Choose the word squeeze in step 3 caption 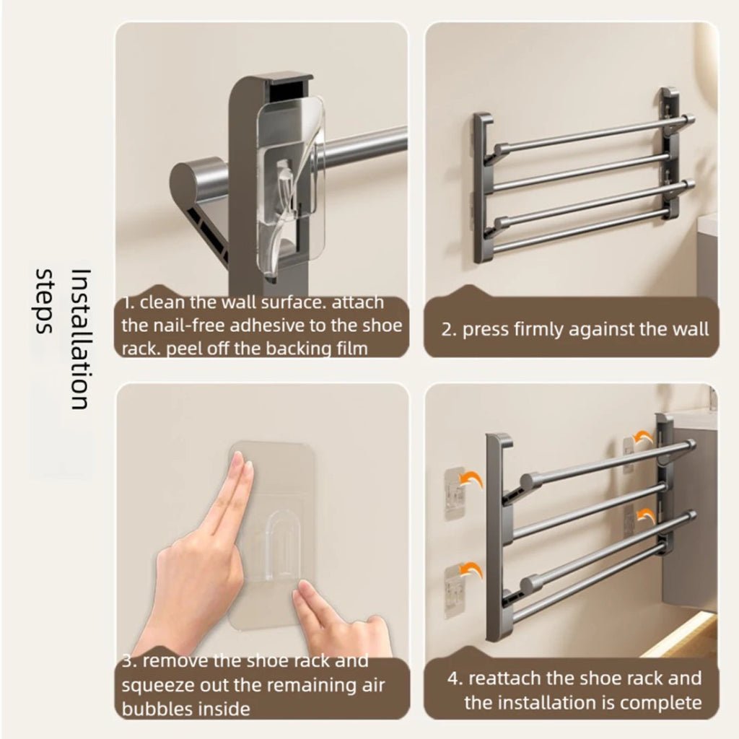coord(154,685)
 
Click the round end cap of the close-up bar coord(189,178)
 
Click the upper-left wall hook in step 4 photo coord(454,493)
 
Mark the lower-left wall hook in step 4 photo coord(454,590)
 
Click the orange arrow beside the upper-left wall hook coord(472,480)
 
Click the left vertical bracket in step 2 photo coord(482,188)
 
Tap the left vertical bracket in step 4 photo coord(498,538)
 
